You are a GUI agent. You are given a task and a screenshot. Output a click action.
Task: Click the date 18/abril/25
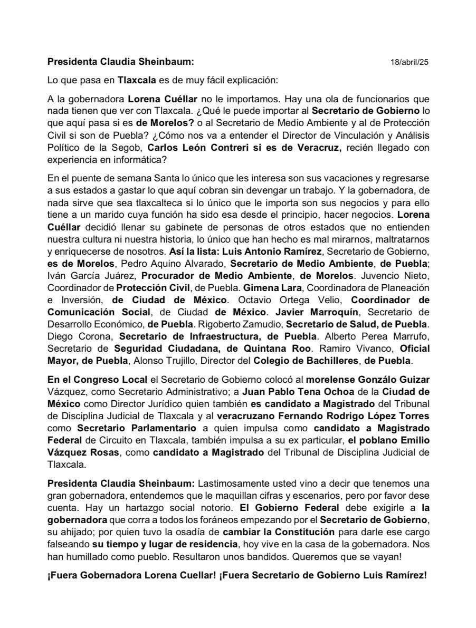[410, 62]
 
